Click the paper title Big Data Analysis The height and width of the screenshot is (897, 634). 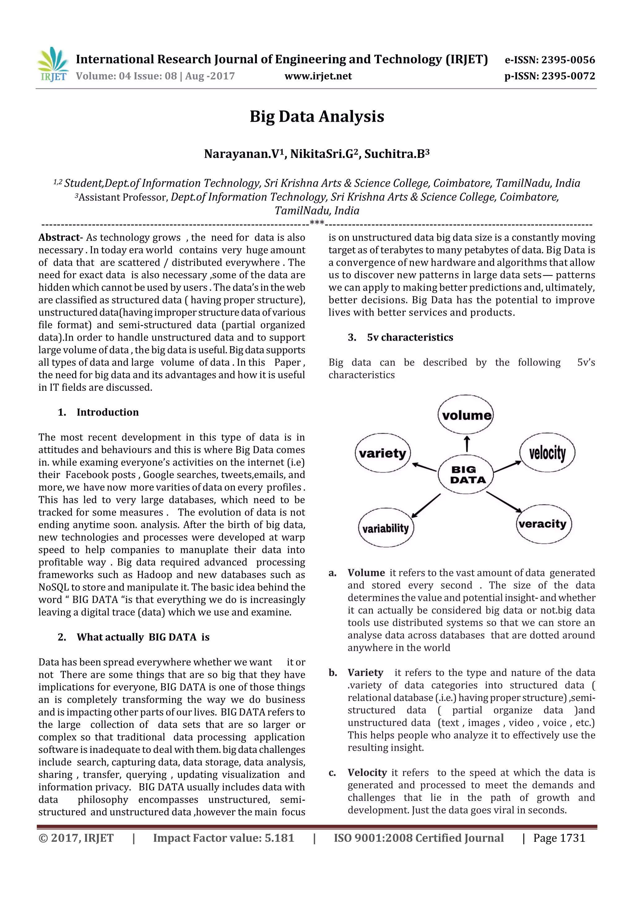pos(317,116)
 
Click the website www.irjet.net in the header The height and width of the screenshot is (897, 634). pos(318,76)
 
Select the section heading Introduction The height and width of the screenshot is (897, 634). pos(107,412)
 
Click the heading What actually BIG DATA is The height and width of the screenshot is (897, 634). pos(143,637)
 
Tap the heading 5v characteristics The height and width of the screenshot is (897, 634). pos(410,337)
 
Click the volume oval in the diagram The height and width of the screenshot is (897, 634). pos(466,415)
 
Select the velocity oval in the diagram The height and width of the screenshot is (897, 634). pos(547,453)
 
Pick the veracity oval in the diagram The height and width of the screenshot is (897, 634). pos(543,524)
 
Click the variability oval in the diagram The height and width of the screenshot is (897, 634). pos(385,528)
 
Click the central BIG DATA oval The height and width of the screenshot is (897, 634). pos(466,475)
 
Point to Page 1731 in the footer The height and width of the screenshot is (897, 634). pos(559,838)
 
